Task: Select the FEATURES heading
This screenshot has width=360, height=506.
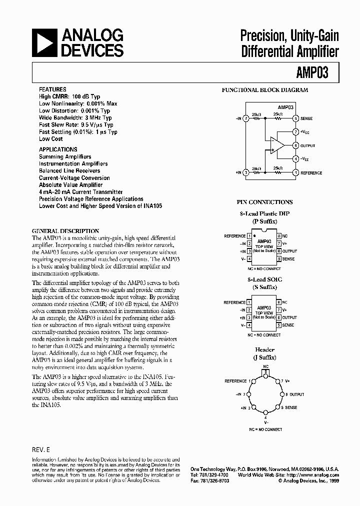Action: point(52,89)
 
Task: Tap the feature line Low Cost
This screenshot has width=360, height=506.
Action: point(51,139)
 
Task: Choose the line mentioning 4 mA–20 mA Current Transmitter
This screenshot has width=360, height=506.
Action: point(80,191)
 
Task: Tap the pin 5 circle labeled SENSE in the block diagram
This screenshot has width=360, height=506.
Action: point(296,118)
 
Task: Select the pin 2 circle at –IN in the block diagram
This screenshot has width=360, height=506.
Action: point(245,118)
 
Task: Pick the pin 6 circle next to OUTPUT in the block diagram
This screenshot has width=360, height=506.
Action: point(296,145)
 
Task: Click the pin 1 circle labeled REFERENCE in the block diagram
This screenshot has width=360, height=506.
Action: point(296,172)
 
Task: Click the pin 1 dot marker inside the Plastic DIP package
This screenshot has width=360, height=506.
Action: point(254,233)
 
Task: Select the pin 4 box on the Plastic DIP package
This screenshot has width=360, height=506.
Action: point(249,259)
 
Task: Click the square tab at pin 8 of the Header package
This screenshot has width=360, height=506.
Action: point(266,372)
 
